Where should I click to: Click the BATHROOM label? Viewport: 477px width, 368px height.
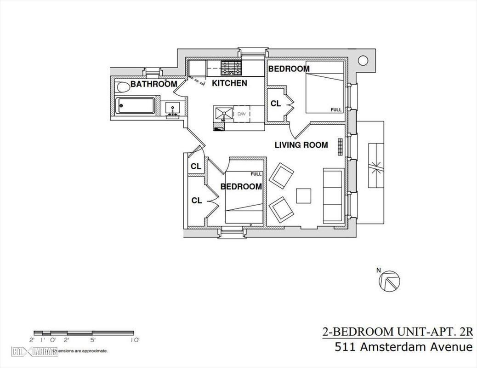[x=153, y=84]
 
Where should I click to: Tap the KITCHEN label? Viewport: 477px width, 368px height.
[x=229, y=83]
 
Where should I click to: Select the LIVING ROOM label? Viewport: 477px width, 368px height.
[x=301, y=145]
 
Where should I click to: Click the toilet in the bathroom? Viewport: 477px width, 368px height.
[x=123, y=86]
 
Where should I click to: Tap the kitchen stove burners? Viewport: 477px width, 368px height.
[x=230, y=68]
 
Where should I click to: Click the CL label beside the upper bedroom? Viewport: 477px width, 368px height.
[x=276, y=104]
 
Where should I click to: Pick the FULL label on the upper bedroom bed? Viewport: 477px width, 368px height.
[x=336, y=110]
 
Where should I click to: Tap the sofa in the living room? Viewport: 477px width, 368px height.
[x=333, y=196]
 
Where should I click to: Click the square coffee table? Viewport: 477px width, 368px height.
[x=303, y=196]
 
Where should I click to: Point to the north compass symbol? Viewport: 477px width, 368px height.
[x=390, y=280]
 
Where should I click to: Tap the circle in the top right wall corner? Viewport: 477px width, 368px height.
[x=363, y=60]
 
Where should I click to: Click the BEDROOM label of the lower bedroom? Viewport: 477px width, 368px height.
[x=241, y=186]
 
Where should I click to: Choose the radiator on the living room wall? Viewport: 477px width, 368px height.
[x=341, y=147]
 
